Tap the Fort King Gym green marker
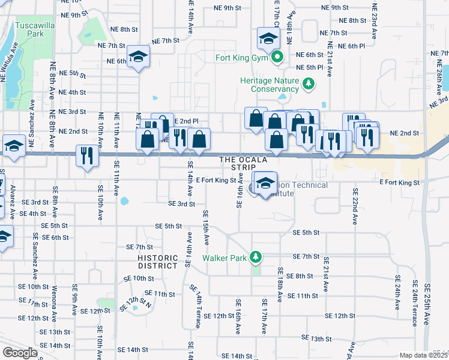[277, 58]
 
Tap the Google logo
[20, 353]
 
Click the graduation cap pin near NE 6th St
[139, 58]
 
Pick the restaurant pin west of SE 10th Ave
[87, 156]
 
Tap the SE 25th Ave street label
[428, 303]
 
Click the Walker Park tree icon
[256, 257]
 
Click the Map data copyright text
[423, 355]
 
